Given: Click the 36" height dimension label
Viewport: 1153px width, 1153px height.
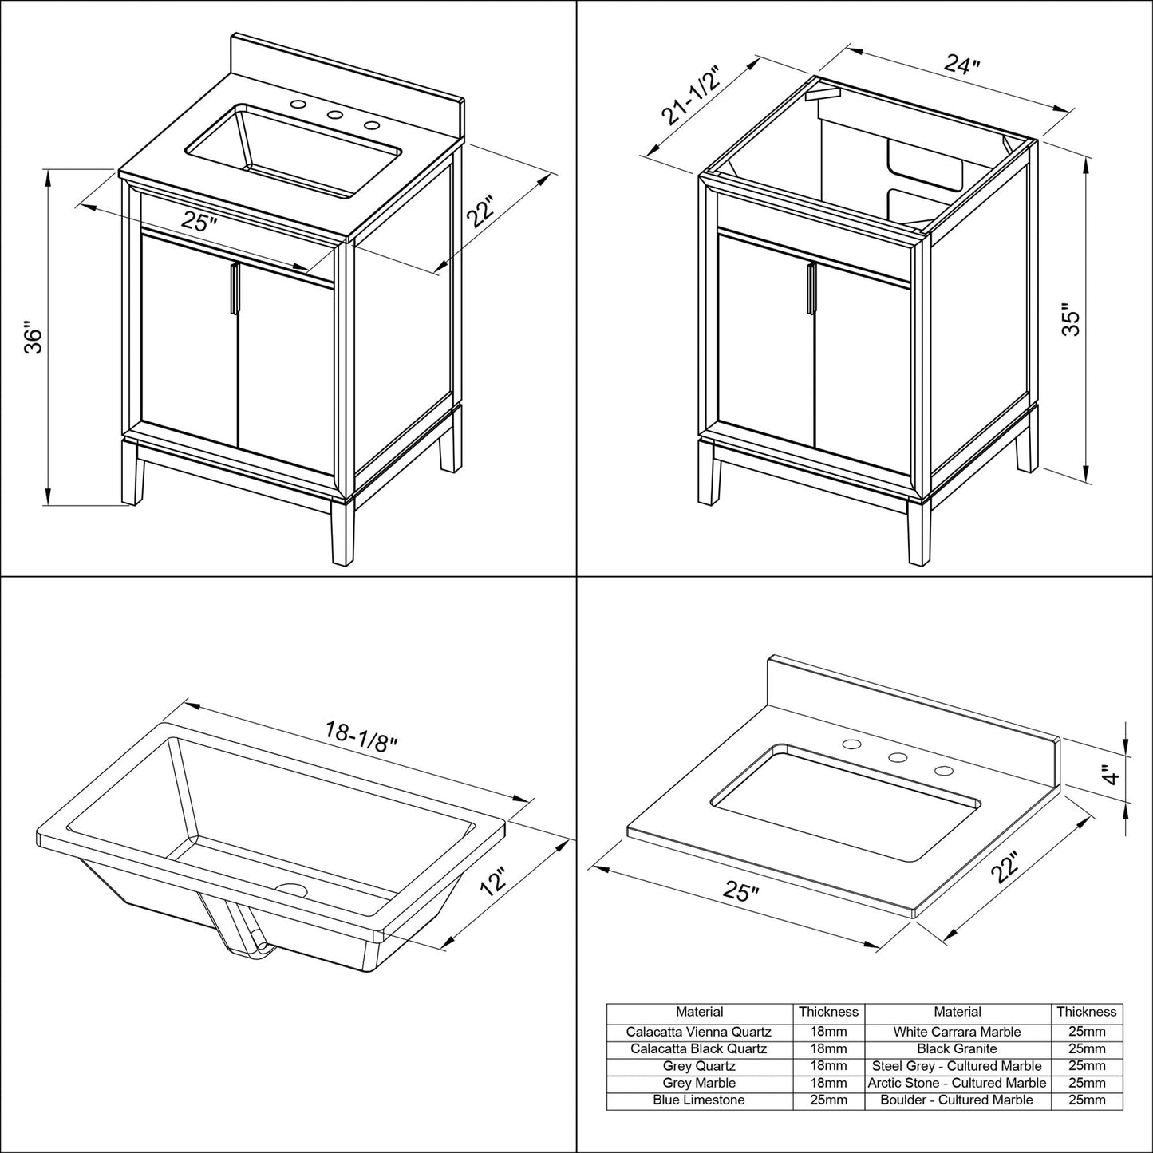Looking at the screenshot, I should pos(33,338).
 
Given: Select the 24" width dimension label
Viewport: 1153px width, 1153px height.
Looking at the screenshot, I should pos(961,65).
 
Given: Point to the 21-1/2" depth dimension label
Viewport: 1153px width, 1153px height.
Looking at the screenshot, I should pos(691,97).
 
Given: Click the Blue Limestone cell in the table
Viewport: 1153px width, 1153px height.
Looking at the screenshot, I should pos(699,1100).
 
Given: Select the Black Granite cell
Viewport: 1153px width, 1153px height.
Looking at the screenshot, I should pos(957,1048).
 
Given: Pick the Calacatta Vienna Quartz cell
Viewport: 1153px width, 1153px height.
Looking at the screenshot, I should pos(699,1032).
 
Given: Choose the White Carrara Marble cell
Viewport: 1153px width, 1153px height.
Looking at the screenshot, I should pos(957,1032).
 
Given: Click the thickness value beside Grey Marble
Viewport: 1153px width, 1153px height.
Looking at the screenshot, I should pos(828,1083).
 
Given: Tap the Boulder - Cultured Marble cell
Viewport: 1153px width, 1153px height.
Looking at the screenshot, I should pos(957,1100).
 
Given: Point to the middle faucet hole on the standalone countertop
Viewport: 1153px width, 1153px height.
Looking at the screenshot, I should pos(898,758).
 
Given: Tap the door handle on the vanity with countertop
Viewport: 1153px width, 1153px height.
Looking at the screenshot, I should pos(234,289).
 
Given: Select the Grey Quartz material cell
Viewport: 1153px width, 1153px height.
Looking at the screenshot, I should pos(699,1066).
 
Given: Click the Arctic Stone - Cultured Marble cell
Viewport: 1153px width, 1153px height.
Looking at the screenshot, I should pos(957,1083).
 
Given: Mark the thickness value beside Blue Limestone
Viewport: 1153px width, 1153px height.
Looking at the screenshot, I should pos(828,1100).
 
